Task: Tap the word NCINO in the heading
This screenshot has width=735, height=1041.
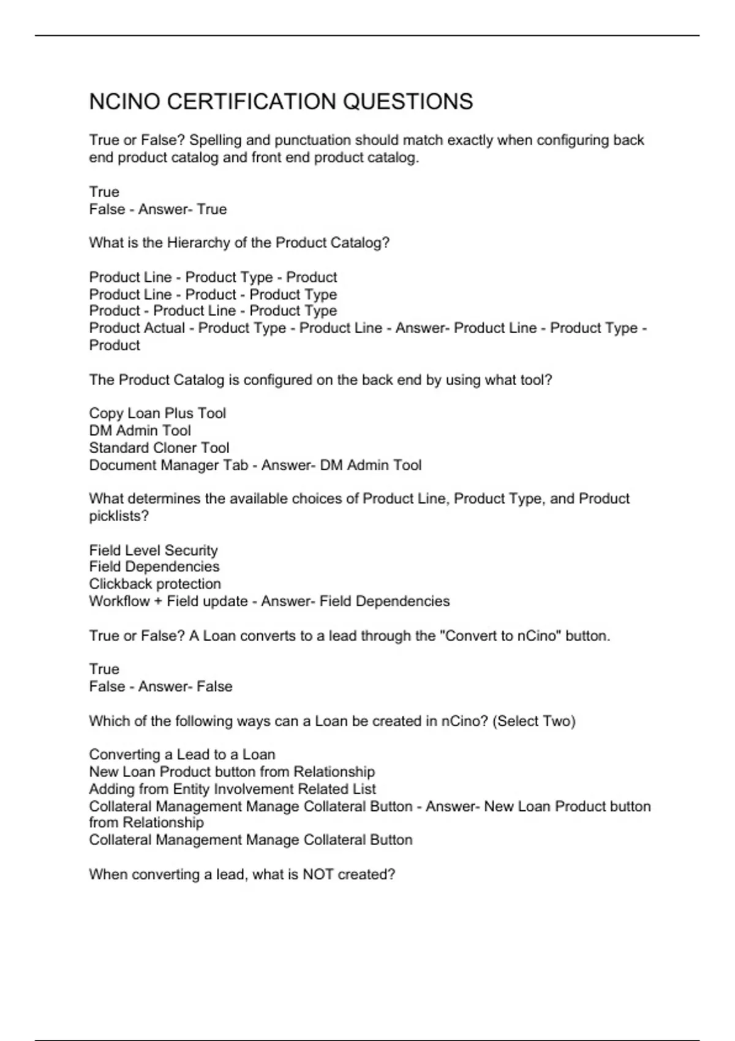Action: [x=124, y=102]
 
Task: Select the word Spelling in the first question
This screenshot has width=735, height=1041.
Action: [x=215, y=140]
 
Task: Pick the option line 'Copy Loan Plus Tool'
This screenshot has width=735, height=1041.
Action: [x=157, y=413]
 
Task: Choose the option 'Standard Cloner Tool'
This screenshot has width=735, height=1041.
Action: [x=159, y=448]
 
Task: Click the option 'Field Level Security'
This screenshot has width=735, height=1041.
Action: [x=153, y=551]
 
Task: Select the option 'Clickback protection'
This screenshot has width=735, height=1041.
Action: [x=155, y=584]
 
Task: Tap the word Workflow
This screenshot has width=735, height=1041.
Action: [x=119, y=601]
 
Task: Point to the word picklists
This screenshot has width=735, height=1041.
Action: [x=118, y=516]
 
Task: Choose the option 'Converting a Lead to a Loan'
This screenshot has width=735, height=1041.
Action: [x=182, y=754]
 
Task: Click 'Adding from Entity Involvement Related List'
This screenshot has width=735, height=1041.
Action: [x=232, y=789]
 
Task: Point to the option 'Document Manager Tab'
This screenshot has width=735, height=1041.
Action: [x=168, y=465]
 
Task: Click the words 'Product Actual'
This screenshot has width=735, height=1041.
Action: [x=137, y=328]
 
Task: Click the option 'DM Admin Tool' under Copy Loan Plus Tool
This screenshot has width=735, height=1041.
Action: [x=140, y=430]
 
